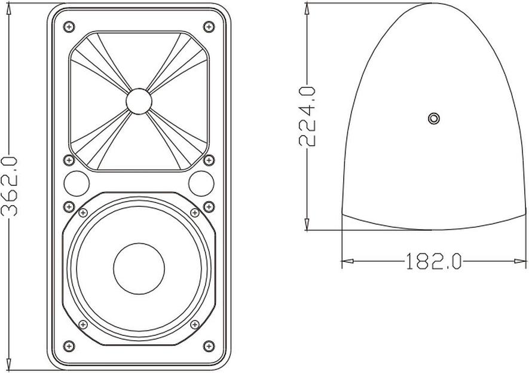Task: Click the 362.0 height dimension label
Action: [x=9, y=186]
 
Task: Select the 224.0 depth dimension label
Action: [x=307, y=116]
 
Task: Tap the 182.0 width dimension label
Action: [x=433, y=261]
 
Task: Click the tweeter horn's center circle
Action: [x=139, y=102]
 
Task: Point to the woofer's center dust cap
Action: [x=139, y=268]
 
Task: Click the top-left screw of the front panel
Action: [x=69, y=27]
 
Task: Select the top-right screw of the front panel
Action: [x=209, y=27]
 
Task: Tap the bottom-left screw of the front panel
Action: [x=69, y=346]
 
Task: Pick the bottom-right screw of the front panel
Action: [x=209, y=346]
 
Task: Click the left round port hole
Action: [x=77, y=184]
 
